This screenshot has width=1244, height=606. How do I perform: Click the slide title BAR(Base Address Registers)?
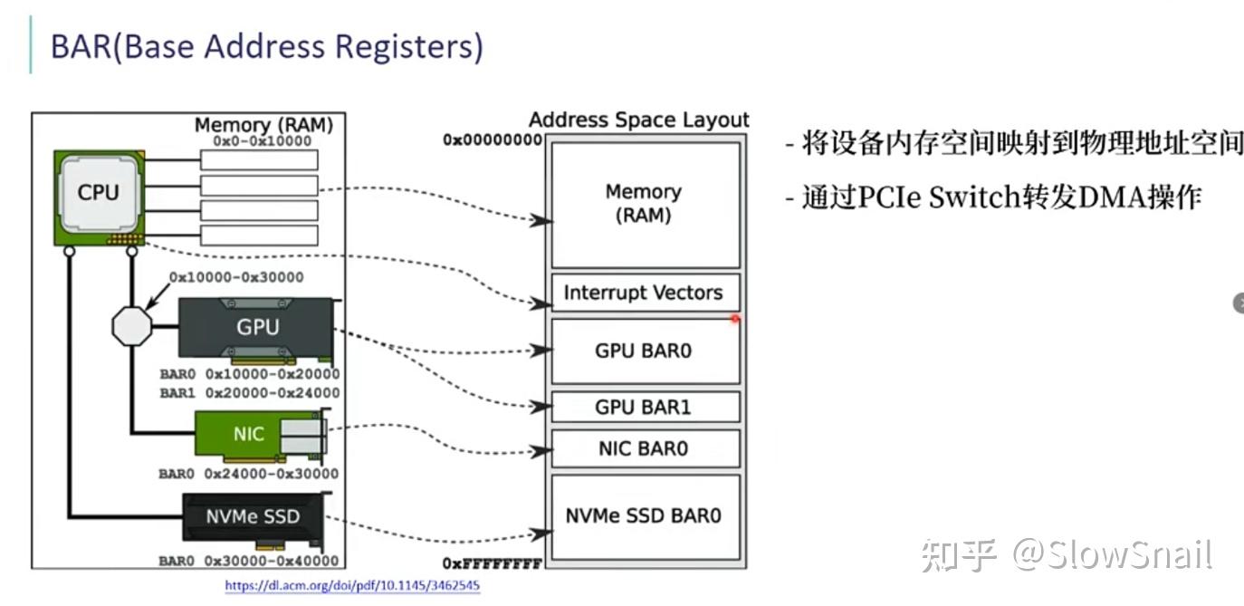point(266,46)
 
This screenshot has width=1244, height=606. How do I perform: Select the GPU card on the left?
point(258,329)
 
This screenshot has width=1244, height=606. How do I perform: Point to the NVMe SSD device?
point(254,518)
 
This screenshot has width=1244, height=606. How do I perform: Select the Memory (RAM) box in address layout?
point(643,204)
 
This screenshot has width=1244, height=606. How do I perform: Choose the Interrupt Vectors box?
point(643,293)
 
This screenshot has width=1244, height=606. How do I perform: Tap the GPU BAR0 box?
point(643,351)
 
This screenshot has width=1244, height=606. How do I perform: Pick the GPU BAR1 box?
point(643,407)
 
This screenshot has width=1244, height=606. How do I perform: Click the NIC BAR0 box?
point(643,448)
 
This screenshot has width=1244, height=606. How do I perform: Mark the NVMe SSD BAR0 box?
point(643,516)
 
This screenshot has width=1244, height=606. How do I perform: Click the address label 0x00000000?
point(492,140)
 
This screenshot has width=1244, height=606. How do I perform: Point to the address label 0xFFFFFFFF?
point(492,563)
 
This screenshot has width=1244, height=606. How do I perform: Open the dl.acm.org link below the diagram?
point(352,586)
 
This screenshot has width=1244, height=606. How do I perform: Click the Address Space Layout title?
point(639,120)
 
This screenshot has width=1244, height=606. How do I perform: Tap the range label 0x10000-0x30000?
point(237,278)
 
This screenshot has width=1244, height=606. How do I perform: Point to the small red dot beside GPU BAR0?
point(735,318)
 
